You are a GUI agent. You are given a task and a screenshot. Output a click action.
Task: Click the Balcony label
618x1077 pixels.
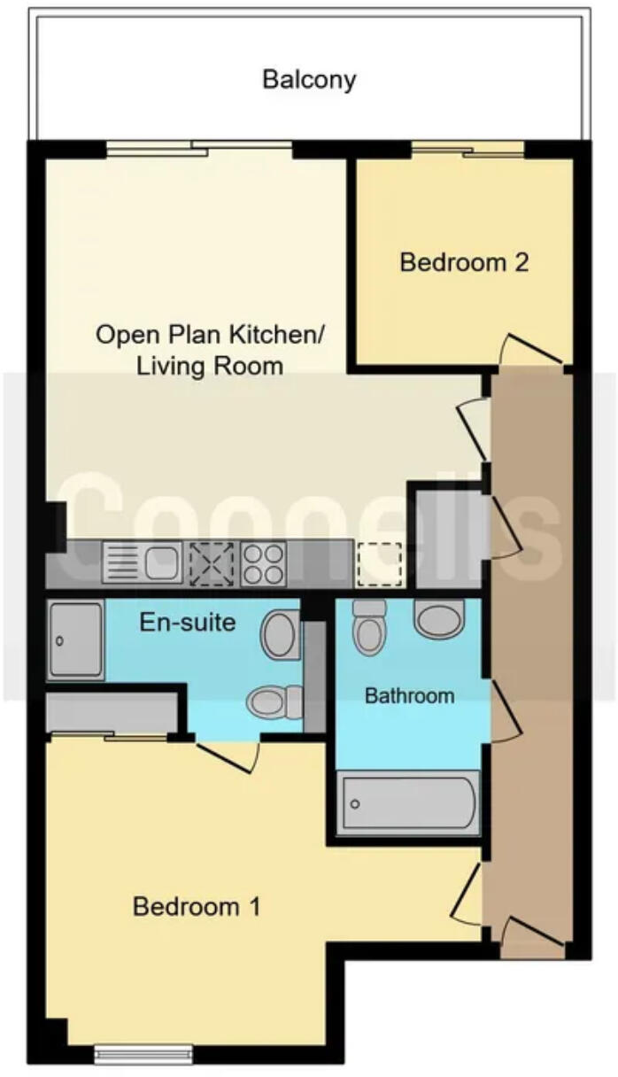(309, 79)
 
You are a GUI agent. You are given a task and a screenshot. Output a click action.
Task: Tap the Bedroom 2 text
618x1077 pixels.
(464, 262)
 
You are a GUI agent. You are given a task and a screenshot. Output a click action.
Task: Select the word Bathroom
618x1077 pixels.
(409, 695)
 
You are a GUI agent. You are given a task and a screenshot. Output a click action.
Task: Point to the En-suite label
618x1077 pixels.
(188, 622)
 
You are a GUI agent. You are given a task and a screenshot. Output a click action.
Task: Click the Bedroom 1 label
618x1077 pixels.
(197, 907)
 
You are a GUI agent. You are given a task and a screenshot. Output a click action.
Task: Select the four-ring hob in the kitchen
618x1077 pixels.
(263, 563)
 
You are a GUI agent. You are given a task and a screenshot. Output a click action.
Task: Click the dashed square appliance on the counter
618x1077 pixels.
(378, 563)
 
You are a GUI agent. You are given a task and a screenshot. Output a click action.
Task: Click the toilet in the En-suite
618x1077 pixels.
(274, 702)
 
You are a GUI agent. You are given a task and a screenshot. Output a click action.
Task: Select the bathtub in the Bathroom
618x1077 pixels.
(408, 803)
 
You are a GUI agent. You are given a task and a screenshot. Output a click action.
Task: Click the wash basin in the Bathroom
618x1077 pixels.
(439, 619)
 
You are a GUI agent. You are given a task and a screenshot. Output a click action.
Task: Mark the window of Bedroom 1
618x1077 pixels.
(143, 1053)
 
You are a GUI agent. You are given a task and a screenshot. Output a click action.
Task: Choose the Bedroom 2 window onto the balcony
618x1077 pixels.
(467, 150)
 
